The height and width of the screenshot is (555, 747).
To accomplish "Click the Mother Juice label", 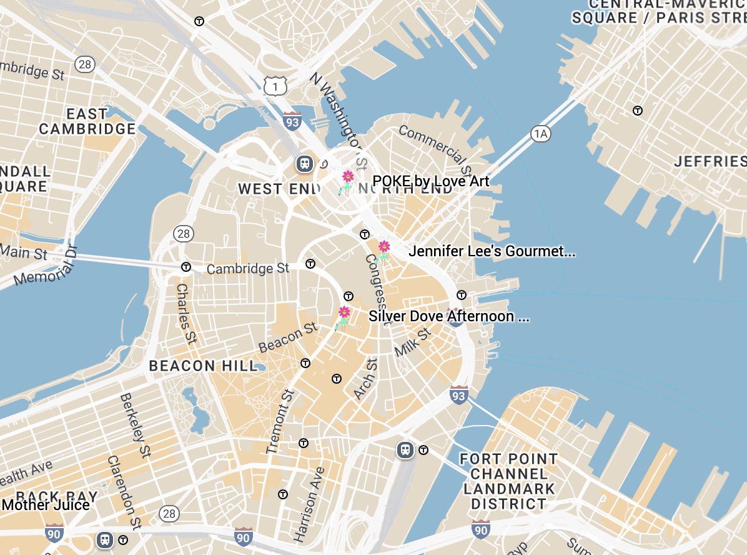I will click(x=46, y=504).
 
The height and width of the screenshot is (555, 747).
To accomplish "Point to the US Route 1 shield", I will click(x=275, y=86).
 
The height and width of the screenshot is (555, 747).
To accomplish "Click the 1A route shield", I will click(x=541, y=133).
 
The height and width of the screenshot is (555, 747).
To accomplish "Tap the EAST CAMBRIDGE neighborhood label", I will click(x=87, y=122).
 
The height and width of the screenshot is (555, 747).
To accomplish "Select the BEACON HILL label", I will click(x=203, y=366).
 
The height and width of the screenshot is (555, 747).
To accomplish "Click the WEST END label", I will click(x=270, y=189).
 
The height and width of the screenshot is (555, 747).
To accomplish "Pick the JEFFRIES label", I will click(x=710, y=162).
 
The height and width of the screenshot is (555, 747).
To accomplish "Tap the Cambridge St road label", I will click(x=248, y=269).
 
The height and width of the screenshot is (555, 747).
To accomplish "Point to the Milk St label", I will click(x=413, y=342).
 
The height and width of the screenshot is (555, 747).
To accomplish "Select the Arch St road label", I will click(x=365, y=378).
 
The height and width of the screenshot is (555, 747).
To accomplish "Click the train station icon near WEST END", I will click(x=304, y=164).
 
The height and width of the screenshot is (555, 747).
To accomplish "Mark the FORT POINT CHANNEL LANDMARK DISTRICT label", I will click(x=508, y=481).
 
